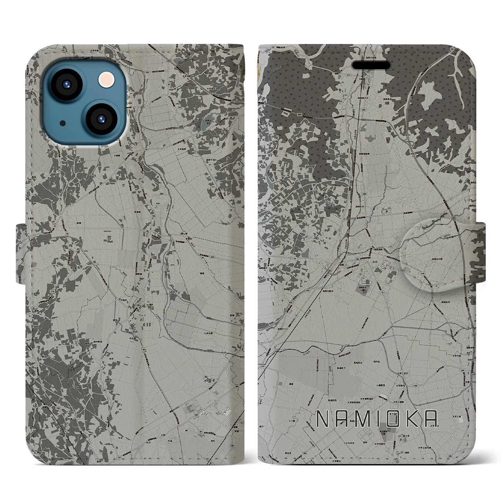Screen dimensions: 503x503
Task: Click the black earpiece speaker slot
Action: coord(373,65)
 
